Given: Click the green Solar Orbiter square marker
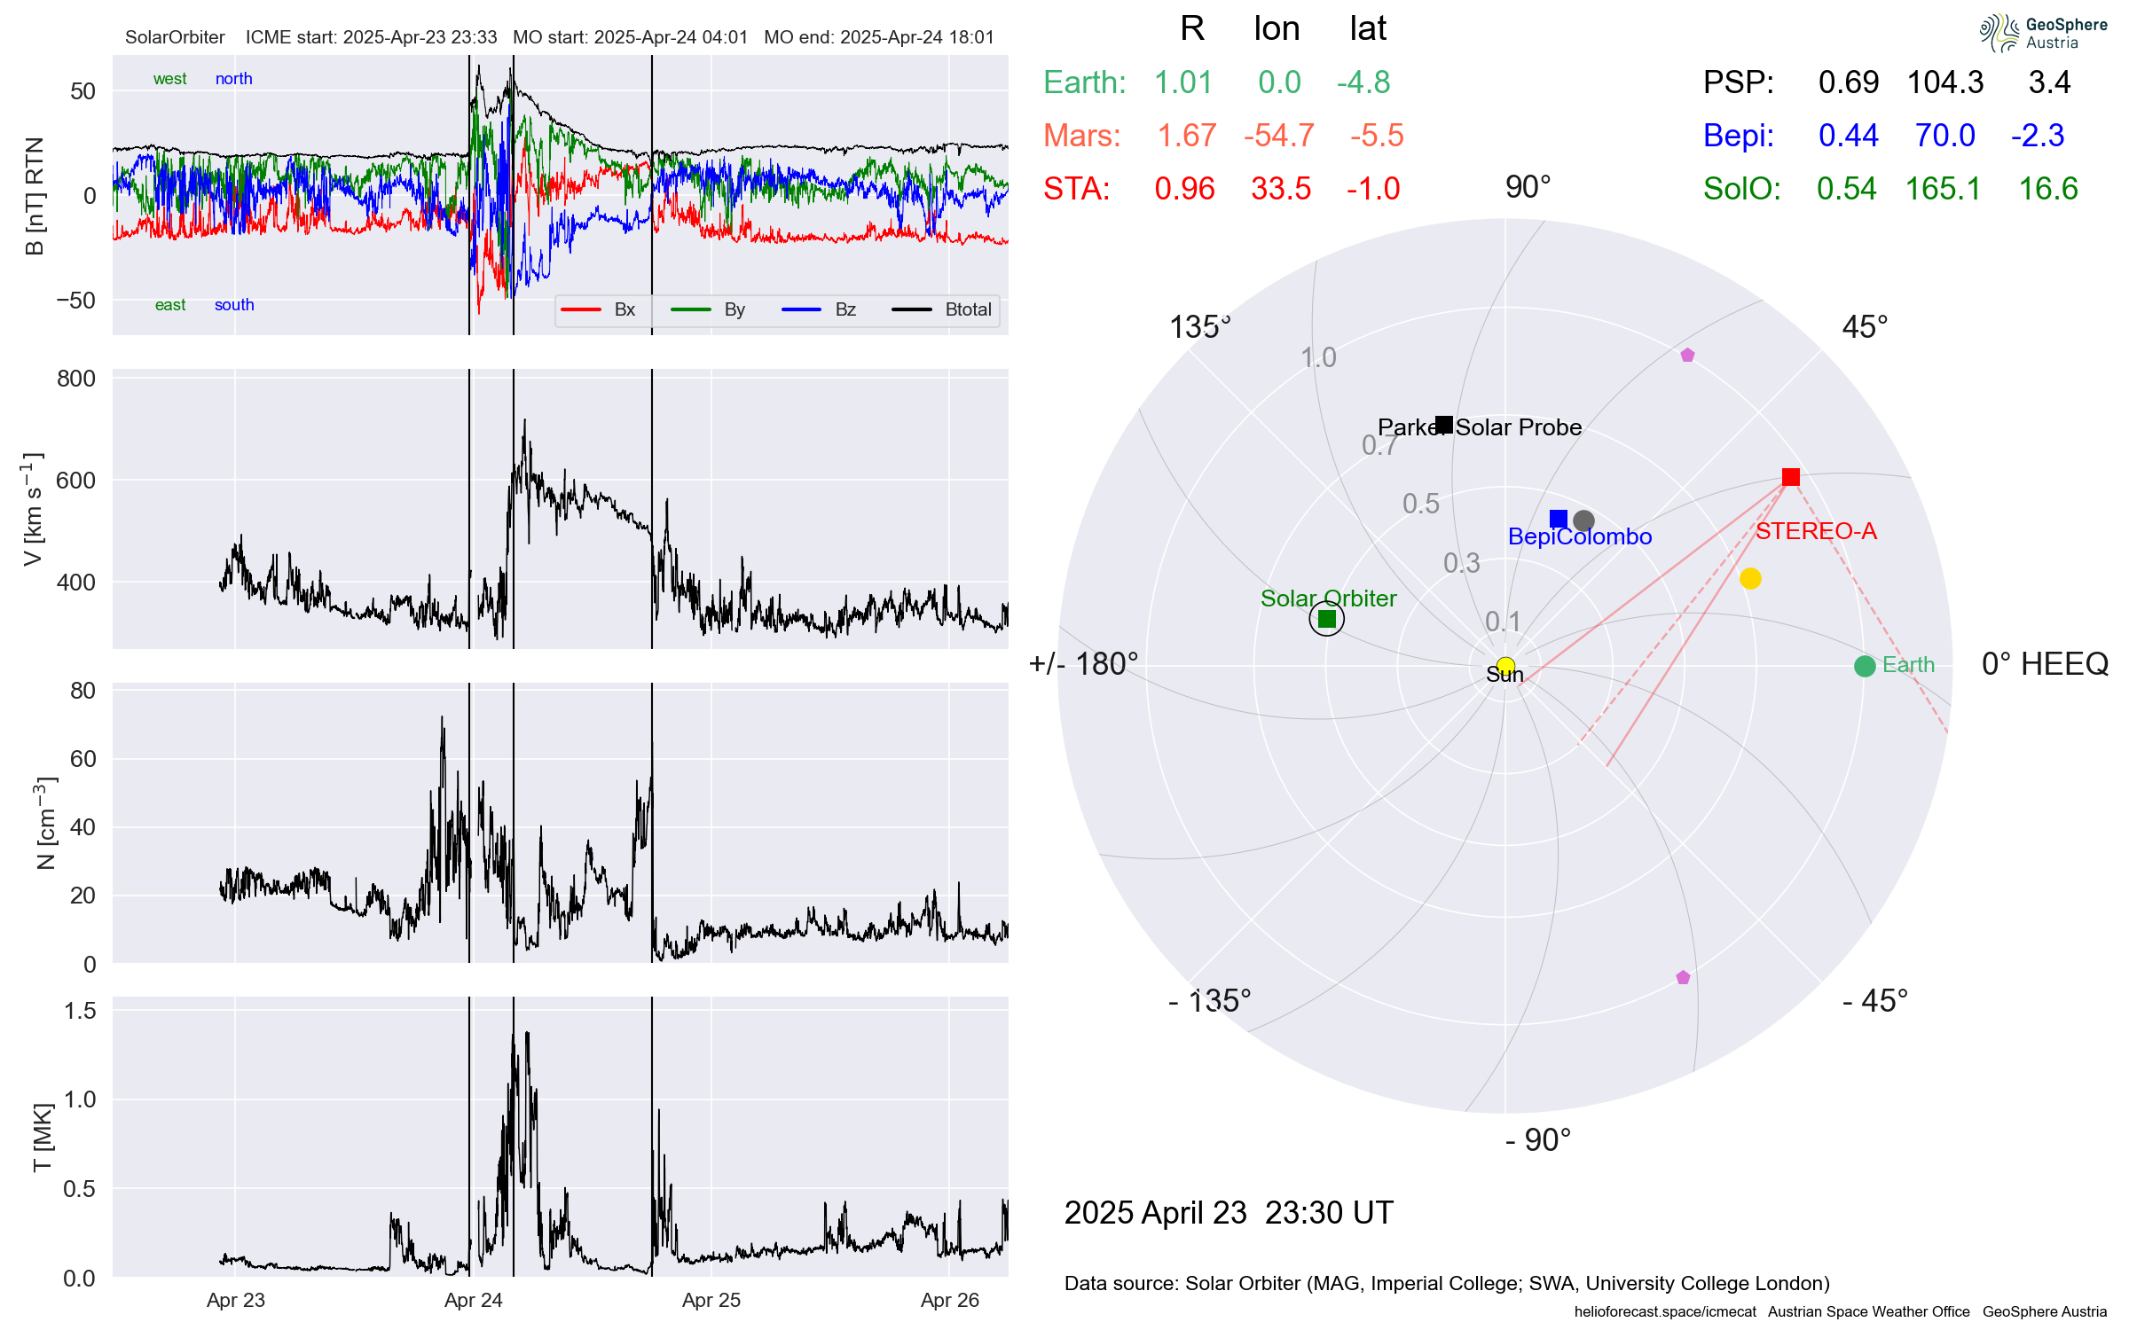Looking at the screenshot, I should click(x=1326, y=619).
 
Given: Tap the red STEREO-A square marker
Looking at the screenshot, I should click(x=1790, y=477).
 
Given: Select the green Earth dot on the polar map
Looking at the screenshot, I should click(x=1864, y=666).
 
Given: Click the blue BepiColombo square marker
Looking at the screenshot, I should click(x=1558, y=519).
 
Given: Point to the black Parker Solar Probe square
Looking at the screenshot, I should click(x=1444, y=425).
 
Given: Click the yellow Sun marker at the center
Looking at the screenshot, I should click(x=1505, y=665).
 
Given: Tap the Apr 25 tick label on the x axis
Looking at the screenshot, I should click(x=711, y=1300).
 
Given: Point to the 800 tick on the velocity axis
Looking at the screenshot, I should click(x=76, y=379).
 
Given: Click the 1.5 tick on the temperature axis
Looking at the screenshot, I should click(x=80, y=1011).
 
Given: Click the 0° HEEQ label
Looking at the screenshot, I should click(x=2045, y=664).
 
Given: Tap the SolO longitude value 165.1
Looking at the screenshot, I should click(x=1943, y=189).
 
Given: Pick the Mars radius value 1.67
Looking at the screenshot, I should click(x=1187, y=136).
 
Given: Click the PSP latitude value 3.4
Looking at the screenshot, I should click(x=2049, y=82).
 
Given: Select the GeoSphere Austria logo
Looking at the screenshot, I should click(x=2043, y=33).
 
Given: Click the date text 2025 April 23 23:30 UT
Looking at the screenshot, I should click(x=1229, y=1213).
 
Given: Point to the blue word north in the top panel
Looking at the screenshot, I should click(x=234, y=79).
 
